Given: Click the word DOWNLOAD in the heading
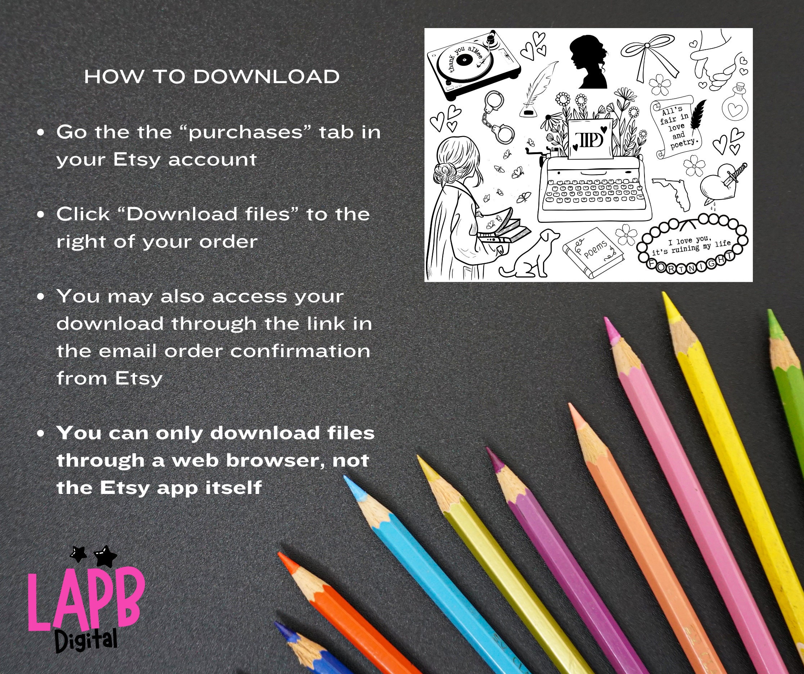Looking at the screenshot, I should coord(266,77).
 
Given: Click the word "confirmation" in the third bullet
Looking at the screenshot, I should coord(300,351).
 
